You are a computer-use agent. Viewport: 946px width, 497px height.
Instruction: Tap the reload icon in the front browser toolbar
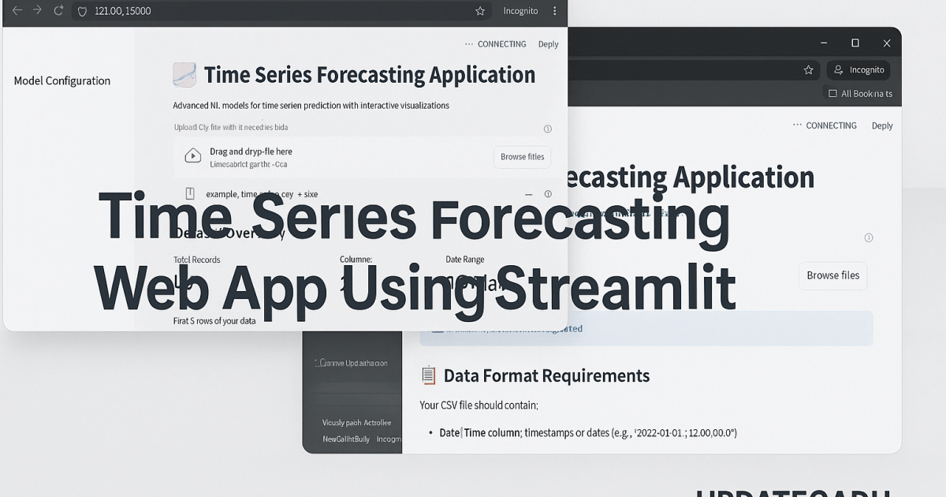tap(58, 11)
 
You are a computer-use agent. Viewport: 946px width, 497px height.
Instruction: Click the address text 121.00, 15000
tap(122, 11)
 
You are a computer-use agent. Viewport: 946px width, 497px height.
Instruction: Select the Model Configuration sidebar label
tap(62, 80)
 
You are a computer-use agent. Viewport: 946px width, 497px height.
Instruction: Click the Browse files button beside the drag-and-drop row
tap(522, 157)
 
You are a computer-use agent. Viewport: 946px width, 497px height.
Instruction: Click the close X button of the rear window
tap(887, 43)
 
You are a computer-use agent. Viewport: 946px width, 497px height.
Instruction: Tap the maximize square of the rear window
tap(855, 43)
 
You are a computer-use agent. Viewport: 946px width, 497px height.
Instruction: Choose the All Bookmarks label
tap(866, 93)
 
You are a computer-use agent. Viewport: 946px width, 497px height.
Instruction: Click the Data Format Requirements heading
tap(546, 376)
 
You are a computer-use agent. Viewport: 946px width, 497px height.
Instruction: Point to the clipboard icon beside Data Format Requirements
tap(428, 376)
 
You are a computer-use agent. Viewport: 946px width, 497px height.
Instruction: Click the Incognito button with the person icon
tap(858, 69)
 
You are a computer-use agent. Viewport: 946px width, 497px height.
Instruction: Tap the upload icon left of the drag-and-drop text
tap(192, 156)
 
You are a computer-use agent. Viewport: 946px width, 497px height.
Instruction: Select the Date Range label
tap(465, 260)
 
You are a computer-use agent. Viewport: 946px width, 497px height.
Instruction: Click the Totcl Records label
tap(197, 260)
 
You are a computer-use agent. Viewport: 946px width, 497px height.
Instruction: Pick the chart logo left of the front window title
tap(184, 75)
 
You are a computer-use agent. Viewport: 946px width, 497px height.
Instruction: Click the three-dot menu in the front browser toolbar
tap(554, 11)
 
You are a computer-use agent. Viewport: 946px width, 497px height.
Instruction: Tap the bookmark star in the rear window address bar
tap(808, 69)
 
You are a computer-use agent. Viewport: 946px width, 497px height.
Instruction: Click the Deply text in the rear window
tap(882, 125)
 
